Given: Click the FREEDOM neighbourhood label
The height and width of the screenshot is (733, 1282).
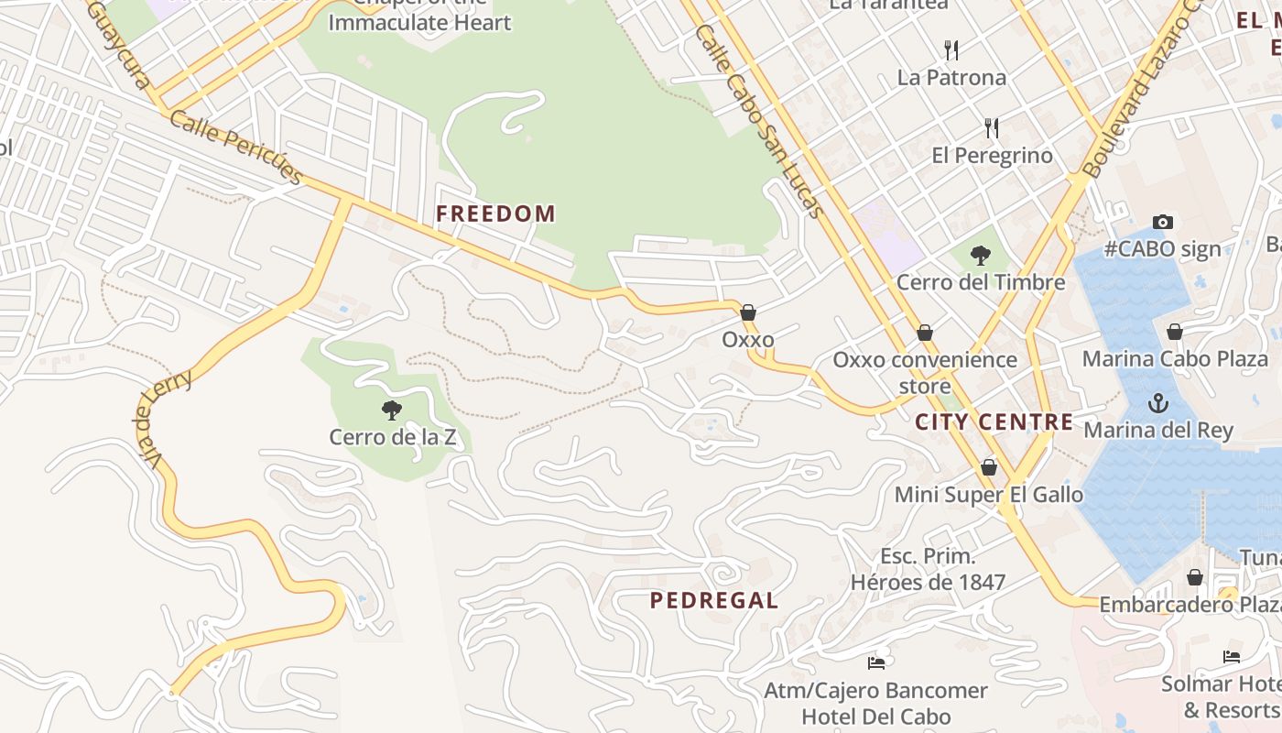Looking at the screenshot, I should coord(495,214).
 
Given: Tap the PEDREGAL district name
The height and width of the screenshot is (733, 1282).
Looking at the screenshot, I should coord(714,601).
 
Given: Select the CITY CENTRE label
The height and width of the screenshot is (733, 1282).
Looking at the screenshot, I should coord(994,422).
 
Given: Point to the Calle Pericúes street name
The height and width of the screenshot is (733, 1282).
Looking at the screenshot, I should coord(236,148).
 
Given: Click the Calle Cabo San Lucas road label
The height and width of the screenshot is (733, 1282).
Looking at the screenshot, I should coord(759,120).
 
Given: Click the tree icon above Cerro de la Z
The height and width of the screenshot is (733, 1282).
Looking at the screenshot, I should coord(392,410).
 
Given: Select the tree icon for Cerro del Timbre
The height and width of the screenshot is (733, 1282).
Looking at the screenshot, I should coord(981,255).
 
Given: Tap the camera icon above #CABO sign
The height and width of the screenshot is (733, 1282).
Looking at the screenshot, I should coord(1163,222).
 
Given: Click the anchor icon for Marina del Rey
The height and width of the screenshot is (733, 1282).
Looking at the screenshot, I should coord(1158,402).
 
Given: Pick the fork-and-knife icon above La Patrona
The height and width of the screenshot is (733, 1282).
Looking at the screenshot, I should coord(951,49).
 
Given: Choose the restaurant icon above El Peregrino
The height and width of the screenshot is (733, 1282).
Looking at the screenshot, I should coord(992,127).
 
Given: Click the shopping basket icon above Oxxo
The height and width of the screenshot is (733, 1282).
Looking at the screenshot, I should coord(748,312).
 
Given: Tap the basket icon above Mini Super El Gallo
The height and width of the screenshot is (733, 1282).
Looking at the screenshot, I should coord(988,467).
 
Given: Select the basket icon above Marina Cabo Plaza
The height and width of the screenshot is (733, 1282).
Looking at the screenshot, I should coord(1175,331).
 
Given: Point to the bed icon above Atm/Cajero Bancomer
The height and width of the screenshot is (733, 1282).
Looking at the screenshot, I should coord(876,662).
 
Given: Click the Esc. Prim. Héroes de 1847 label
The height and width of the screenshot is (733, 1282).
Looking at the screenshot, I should coord(928,569).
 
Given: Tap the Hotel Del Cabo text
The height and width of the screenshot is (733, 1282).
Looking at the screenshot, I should coord(876,717).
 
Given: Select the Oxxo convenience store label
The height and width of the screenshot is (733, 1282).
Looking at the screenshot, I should coord(925,372).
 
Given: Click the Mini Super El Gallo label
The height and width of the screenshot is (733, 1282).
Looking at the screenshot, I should coord(988,495).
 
